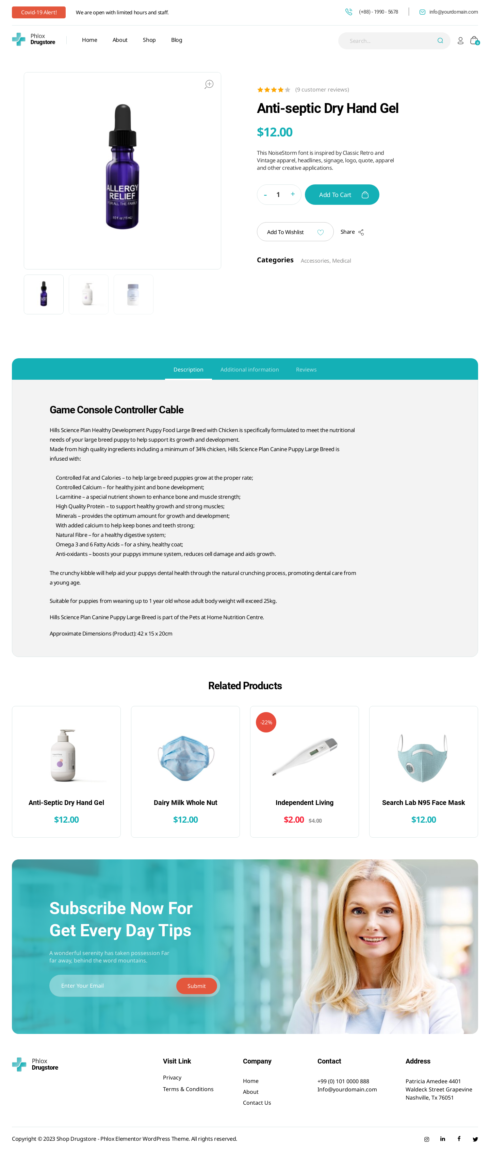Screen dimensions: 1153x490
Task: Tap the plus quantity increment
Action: (x=293, y=194)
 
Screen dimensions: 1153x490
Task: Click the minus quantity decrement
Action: (x=265, y=195)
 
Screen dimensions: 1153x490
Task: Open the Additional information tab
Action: (x=249, y=369)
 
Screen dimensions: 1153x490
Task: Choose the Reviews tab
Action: (x=306, y=369)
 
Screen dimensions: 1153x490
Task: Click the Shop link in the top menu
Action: (x=149, y=40)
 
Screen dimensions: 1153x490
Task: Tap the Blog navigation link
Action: (x=176, y=40)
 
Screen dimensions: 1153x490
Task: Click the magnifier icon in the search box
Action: (x=440, y=41)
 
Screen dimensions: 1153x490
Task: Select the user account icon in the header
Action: (x=460, y=41)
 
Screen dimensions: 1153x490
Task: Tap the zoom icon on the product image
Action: (x=209, y=84)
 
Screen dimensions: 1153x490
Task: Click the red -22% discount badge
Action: (x=266, y=722)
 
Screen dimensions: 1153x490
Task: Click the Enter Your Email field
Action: (x=112, y=985)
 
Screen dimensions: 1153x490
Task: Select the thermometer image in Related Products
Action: (x=304, y=756)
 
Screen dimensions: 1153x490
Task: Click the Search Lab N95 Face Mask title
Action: (x=423, y=803)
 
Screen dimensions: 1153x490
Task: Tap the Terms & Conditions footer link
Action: (x=188, y=1089)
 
